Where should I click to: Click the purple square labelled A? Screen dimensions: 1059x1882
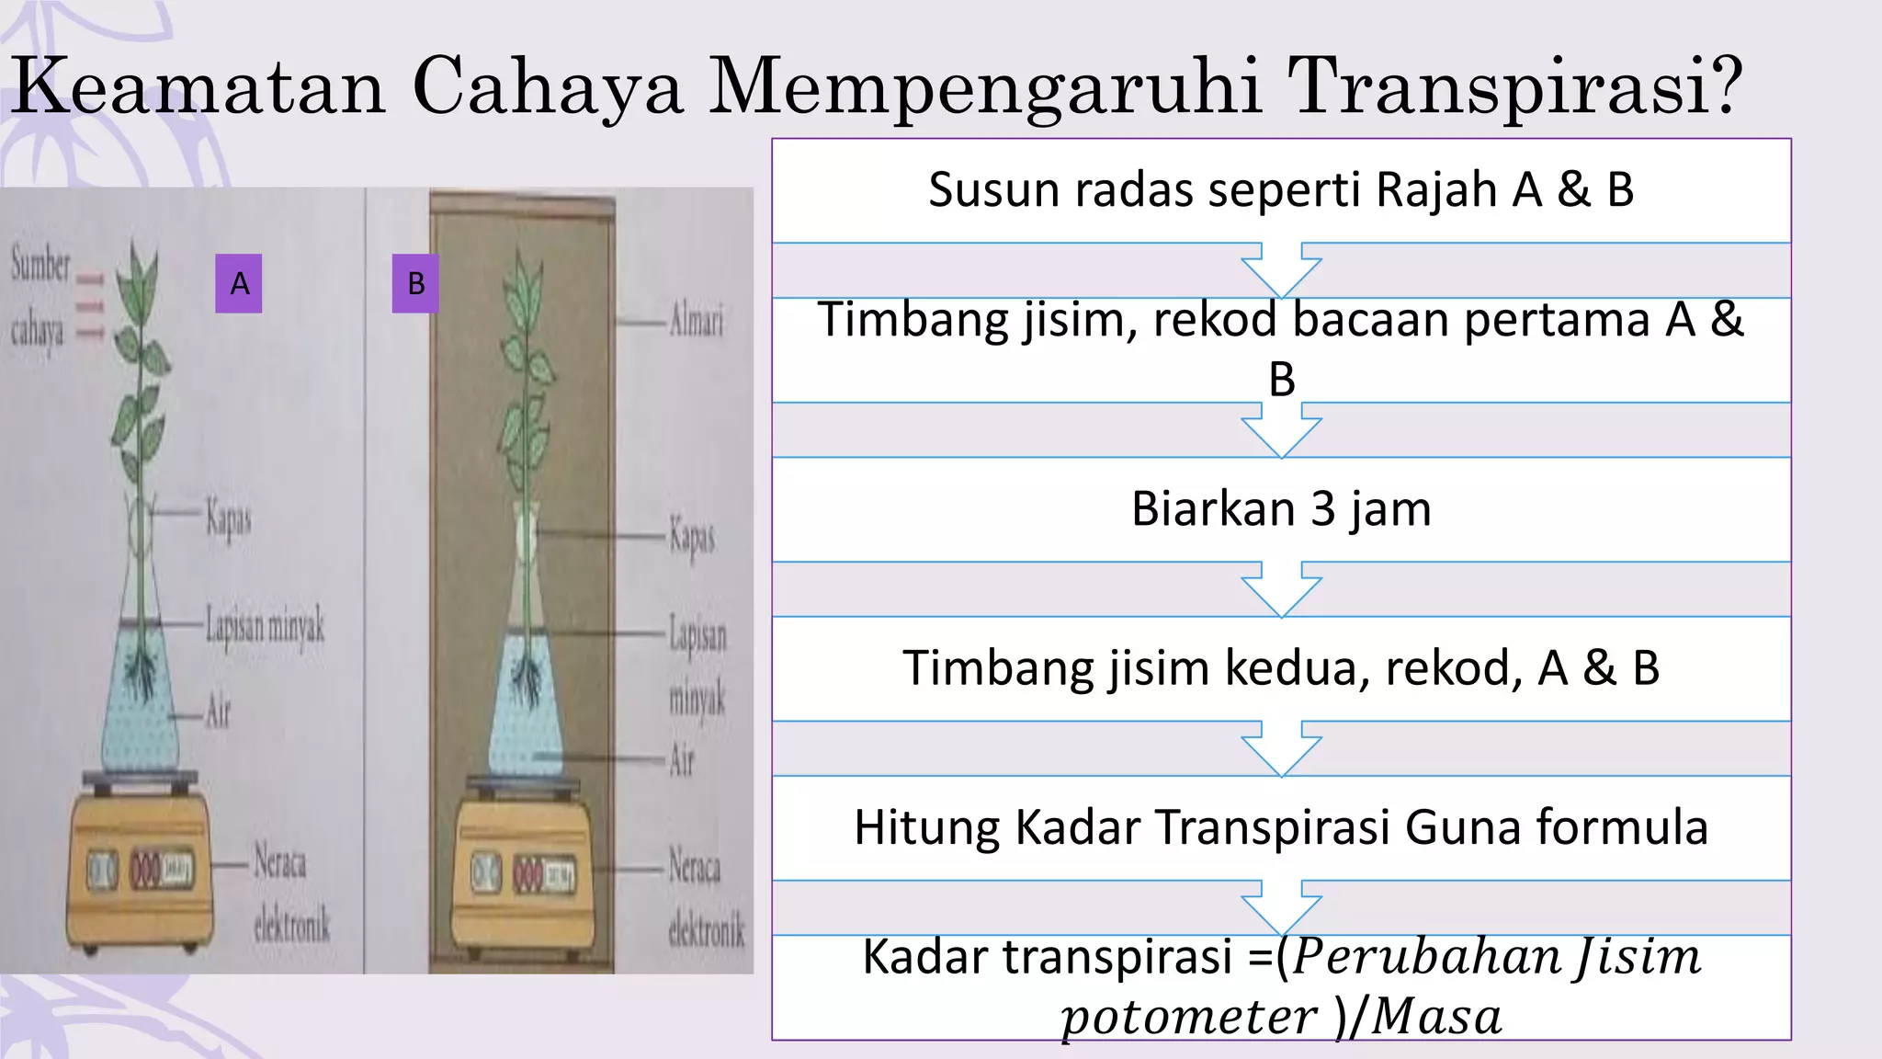click(239, 283)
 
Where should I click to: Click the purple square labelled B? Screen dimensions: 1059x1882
click(415, 283)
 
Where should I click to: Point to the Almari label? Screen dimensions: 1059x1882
click(696, 322)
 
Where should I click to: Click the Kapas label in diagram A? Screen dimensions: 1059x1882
click(228, 518)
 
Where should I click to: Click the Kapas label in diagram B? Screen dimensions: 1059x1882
click(691, 537)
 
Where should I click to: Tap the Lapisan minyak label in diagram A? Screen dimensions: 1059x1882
click(265, 626)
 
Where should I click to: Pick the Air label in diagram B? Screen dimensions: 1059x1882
click(681, 760)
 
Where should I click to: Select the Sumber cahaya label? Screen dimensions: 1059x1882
click(40, 297)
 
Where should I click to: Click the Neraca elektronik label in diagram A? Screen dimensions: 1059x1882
click(290, 894)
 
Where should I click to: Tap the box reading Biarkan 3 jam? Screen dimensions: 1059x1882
click(1281, 509)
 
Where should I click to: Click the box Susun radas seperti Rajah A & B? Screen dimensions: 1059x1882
click(1281, 190)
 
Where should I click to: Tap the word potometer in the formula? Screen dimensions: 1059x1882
click(1189, 1018)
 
